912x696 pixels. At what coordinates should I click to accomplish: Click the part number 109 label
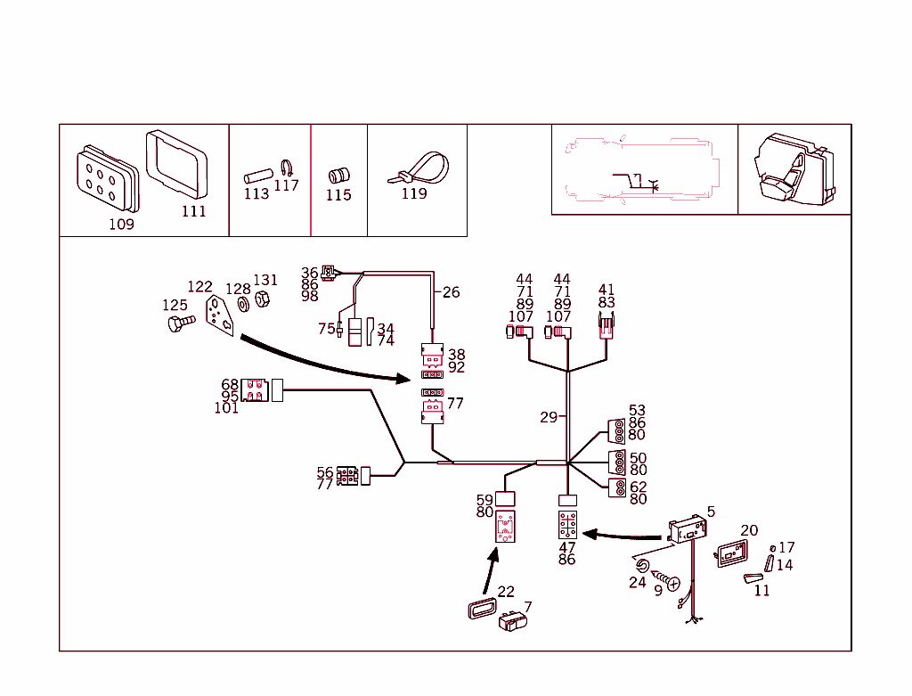point(121,225)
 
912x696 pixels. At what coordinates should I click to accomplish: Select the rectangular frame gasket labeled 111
point(175,167)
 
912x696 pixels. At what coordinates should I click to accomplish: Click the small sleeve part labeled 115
point(338,174)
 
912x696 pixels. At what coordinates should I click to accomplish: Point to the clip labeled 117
point(287,168)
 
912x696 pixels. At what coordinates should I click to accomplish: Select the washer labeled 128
point(241,306)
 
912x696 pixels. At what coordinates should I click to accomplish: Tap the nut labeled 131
point(263,299)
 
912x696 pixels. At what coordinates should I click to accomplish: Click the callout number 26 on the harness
point(452,292)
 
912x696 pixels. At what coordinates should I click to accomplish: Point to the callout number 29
point(549,417)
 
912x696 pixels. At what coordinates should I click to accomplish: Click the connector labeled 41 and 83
point(606,327)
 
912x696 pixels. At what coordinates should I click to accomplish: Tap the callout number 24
point(637,583)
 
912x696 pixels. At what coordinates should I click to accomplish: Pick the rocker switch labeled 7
point(515,621)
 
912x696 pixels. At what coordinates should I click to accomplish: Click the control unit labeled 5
point(686,532)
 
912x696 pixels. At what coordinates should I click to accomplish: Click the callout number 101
point(226,409)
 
